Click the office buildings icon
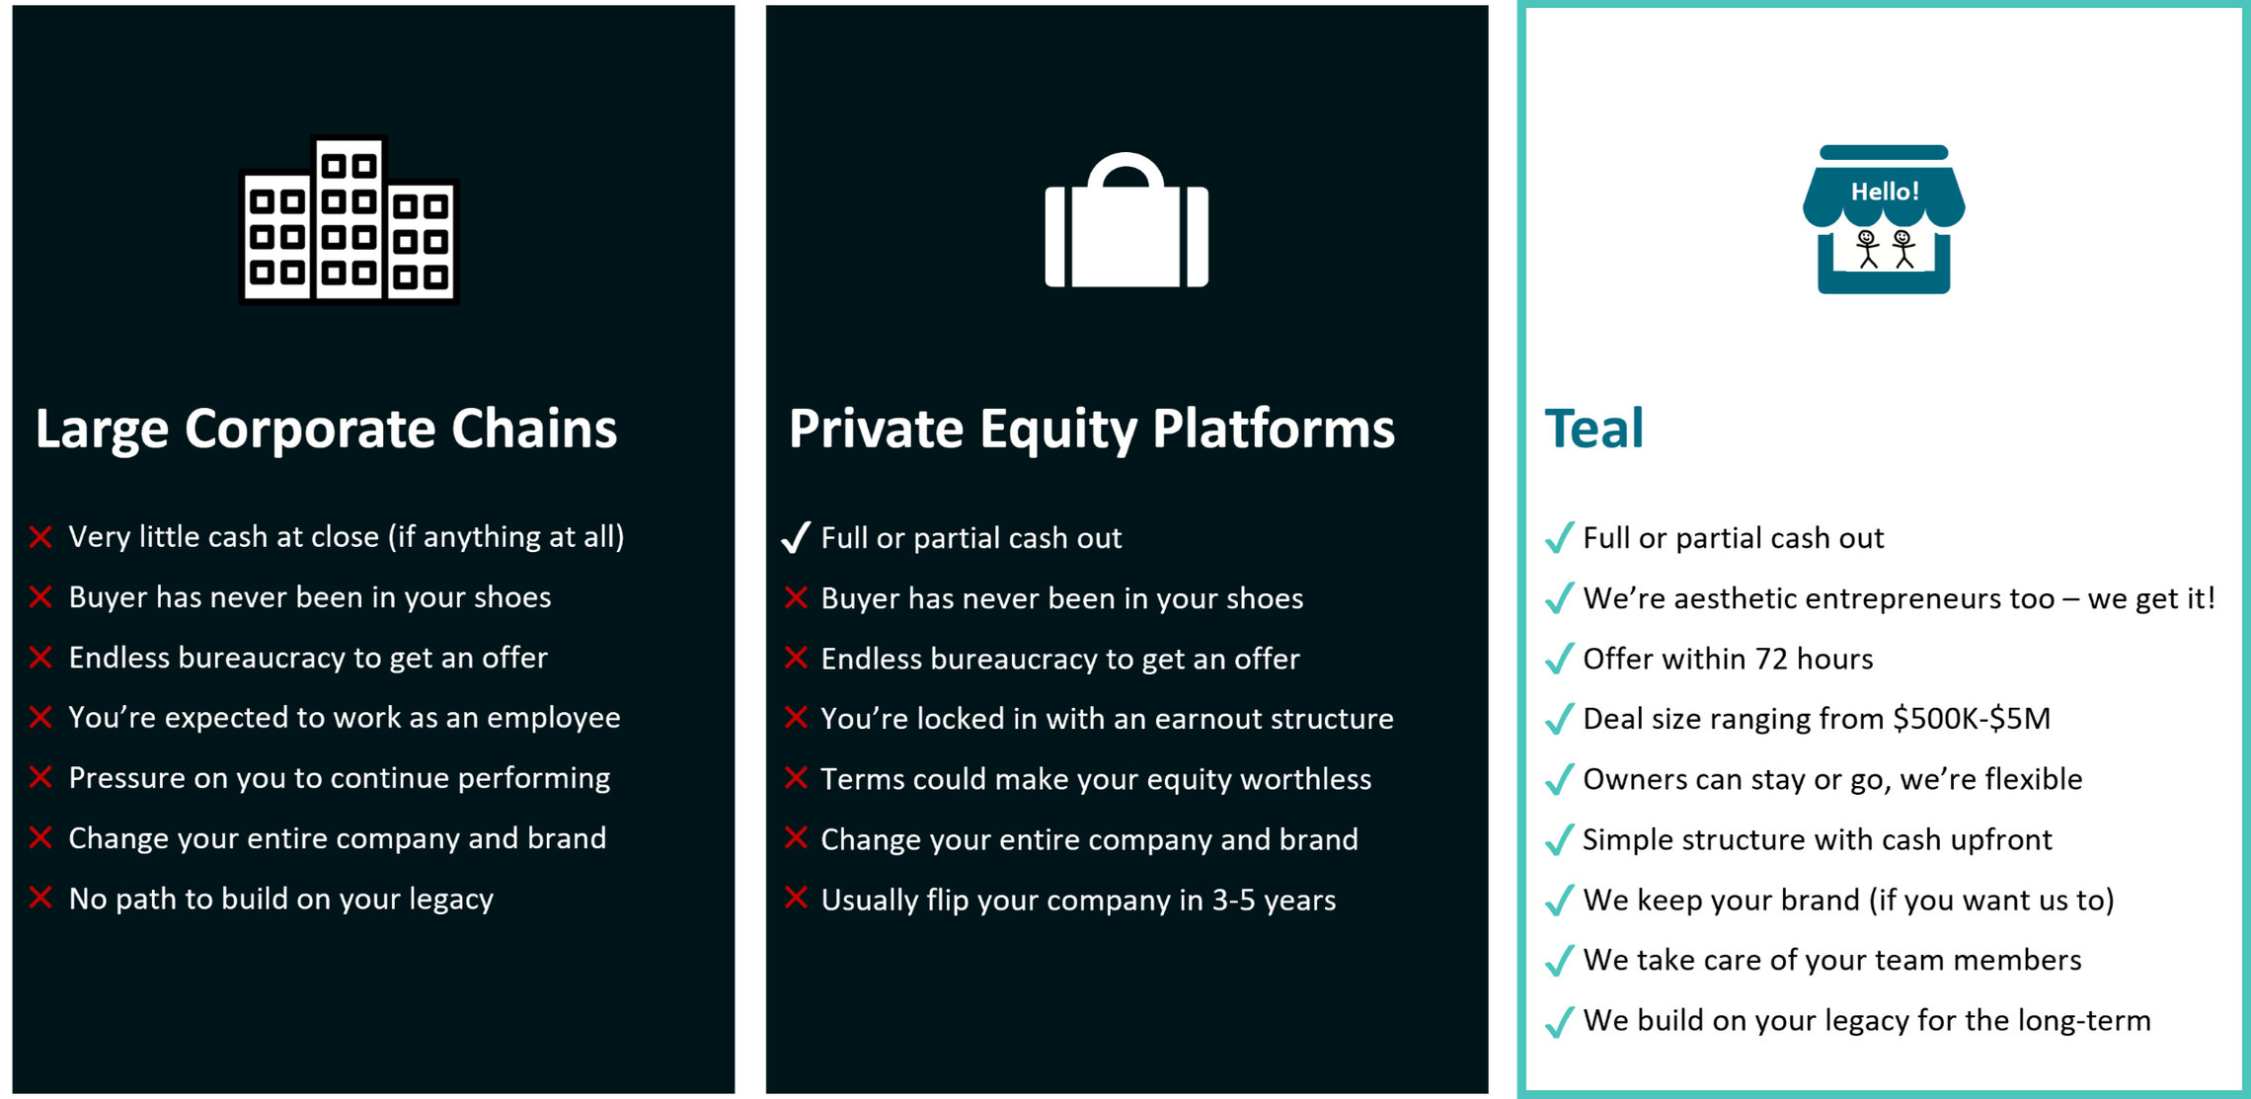(349, 219)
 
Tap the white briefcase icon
(1126, 220)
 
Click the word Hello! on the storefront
(1884, 192)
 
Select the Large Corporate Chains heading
(326, 430)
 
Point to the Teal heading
(1593, 430)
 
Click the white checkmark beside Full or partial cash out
(796, 537)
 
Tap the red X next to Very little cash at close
(40, 537)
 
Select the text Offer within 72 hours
(1728, 659)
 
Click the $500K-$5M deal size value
(1972, 718)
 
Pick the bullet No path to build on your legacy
(280, 900)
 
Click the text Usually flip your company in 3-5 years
(1078, 901)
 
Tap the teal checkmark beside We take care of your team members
(1559, 961)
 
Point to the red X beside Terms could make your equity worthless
(796, 778)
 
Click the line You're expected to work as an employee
(345, 718)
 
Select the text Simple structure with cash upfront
(1818, 840)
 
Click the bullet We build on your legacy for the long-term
(1867, 1021)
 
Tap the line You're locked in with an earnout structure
(1107, 719)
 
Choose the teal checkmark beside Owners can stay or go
(1559, 779)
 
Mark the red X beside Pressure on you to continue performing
(40, 778)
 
